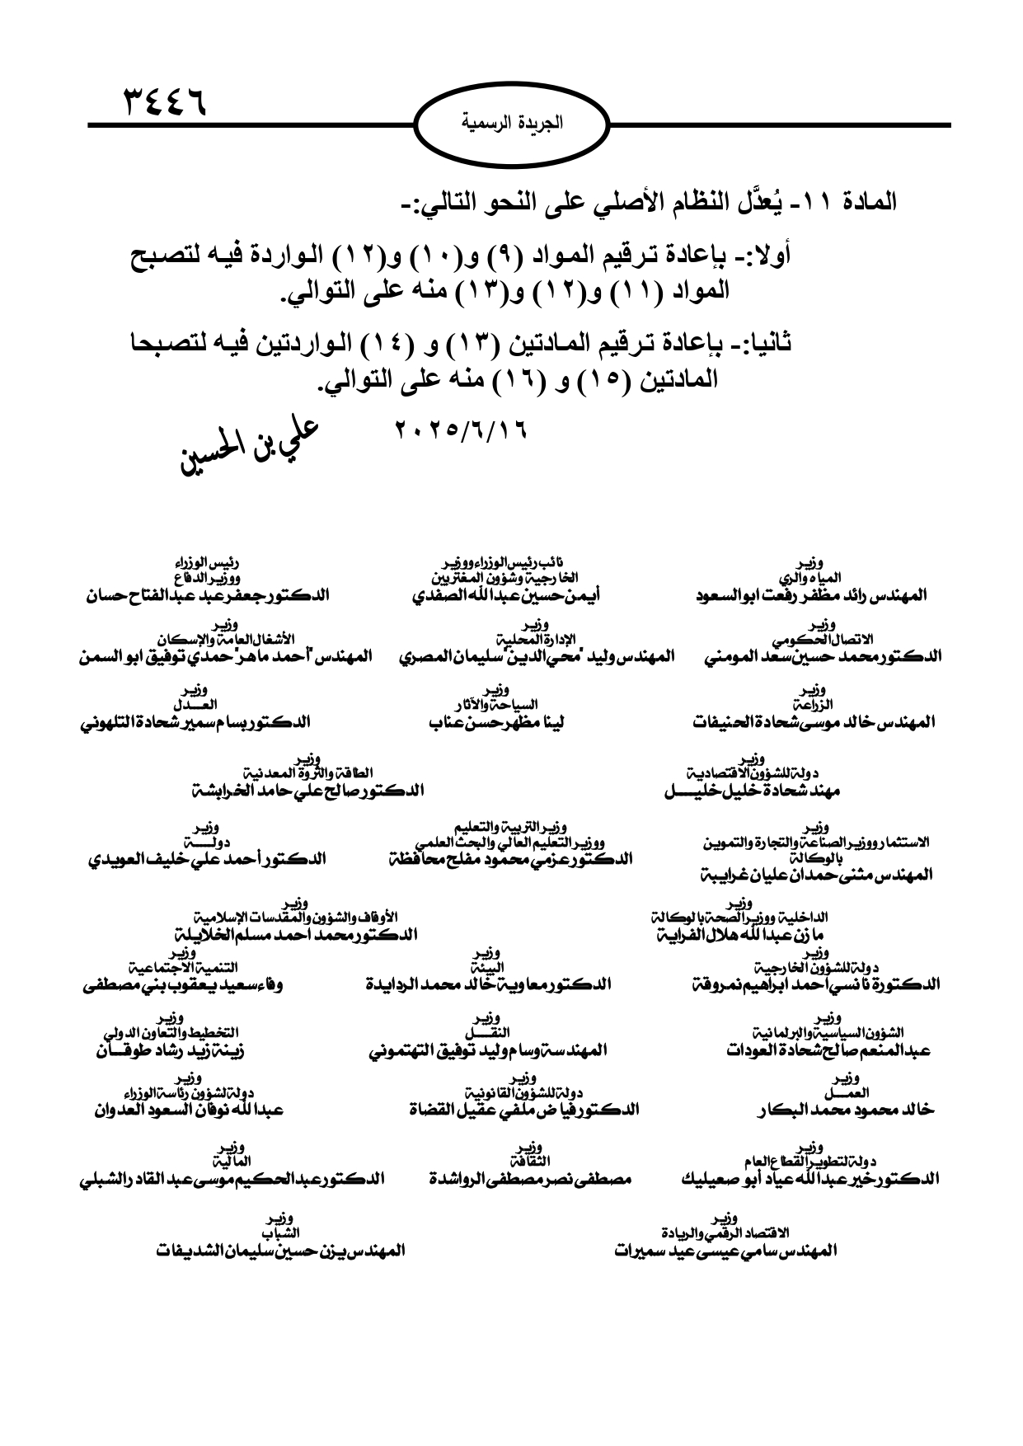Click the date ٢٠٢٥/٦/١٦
(461, 430)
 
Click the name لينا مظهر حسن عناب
(496, 723)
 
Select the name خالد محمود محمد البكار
(845, 1110)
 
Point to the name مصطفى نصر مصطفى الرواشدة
(530, 1180)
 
